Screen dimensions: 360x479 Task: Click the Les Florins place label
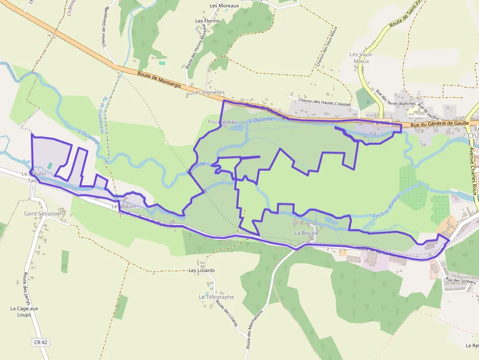pos(207,21)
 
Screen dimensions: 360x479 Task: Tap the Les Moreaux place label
pos(224,6)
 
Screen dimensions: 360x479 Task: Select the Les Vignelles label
pos(208,92)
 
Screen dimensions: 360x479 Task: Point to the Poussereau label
pos(222,122)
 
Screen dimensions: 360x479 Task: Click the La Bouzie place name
pos(306,233)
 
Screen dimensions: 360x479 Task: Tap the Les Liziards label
pos(202,270)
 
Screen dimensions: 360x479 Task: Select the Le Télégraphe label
pos(216,297)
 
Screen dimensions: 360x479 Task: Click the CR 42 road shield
pos(41,342)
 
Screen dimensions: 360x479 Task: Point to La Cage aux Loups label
pos(24,312)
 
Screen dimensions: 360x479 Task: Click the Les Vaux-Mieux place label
pos(361,58)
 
